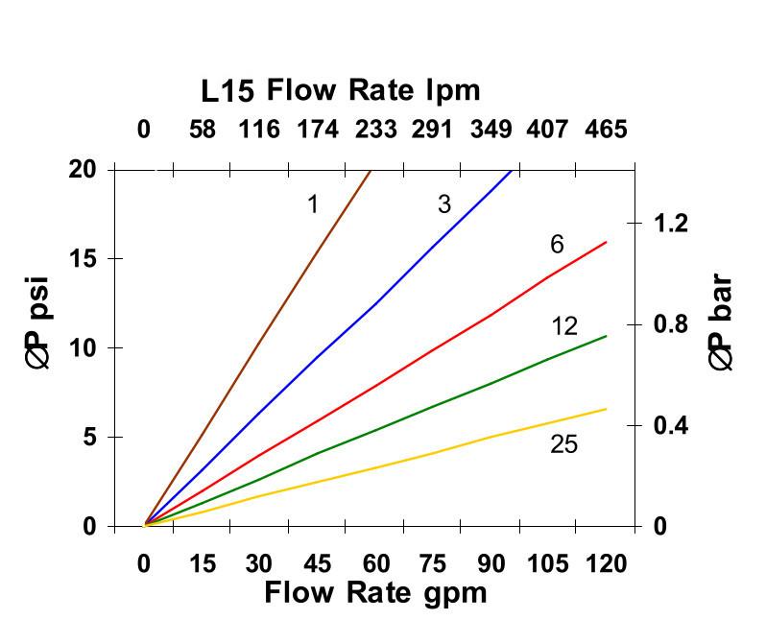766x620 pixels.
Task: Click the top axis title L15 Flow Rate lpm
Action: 340,91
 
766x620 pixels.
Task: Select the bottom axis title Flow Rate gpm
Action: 375,592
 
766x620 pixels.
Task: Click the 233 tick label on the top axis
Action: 375,130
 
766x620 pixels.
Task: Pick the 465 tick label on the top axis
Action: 606,130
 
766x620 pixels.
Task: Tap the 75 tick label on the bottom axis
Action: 433,562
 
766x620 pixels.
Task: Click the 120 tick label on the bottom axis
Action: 606,562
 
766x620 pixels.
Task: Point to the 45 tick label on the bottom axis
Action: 317,562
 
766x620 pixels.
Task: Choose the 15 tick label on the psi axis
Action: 84,259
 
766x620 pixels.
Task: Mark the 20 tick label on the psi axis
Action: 84,170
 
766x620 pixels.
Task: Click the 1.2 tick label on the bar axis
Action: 671,224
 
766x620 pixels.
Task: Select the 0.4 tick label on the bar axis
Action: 671,425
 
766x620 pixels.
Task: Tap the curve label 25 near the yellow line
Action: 563,444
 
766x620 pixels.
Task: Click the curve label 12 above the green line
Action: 564,326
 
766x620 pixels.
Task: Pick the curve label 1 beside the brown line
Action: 313,203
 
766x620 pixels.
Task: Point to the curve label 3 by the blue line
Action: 443,203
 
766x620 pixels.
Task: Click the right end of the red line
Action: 606,242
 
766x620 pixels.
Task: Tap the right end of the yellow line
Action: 606,409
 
